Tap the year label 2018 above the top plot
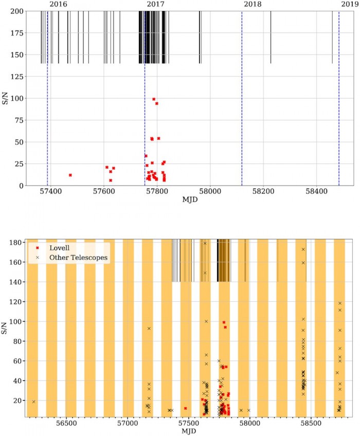[252, 4]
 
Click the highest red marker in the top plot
[154, 99]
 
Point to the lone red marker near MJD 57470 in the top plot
[70, 175]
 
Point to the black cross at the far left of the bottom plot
[33, 402]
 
